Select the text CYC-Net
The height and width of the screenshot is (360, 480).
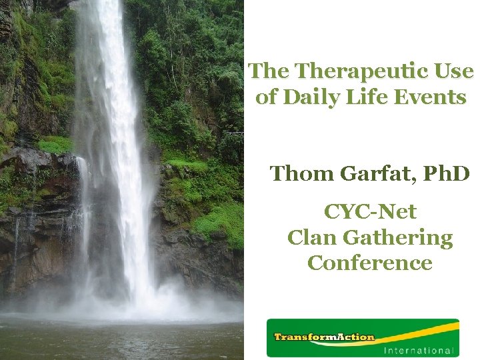click(x=370, y=212)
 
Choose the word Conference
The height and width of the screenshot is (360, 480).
click(x=370, y=263)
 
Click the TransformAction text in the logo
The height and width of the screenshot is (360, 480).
click(x=324, y=337)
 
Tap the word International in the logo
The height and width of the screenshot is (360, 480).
click(x=419, y=350)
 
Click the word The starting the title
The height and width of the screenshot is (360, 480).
click(x=269, y=71)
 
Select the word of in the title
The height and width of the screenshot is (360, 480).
click(x=266, y=97)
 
